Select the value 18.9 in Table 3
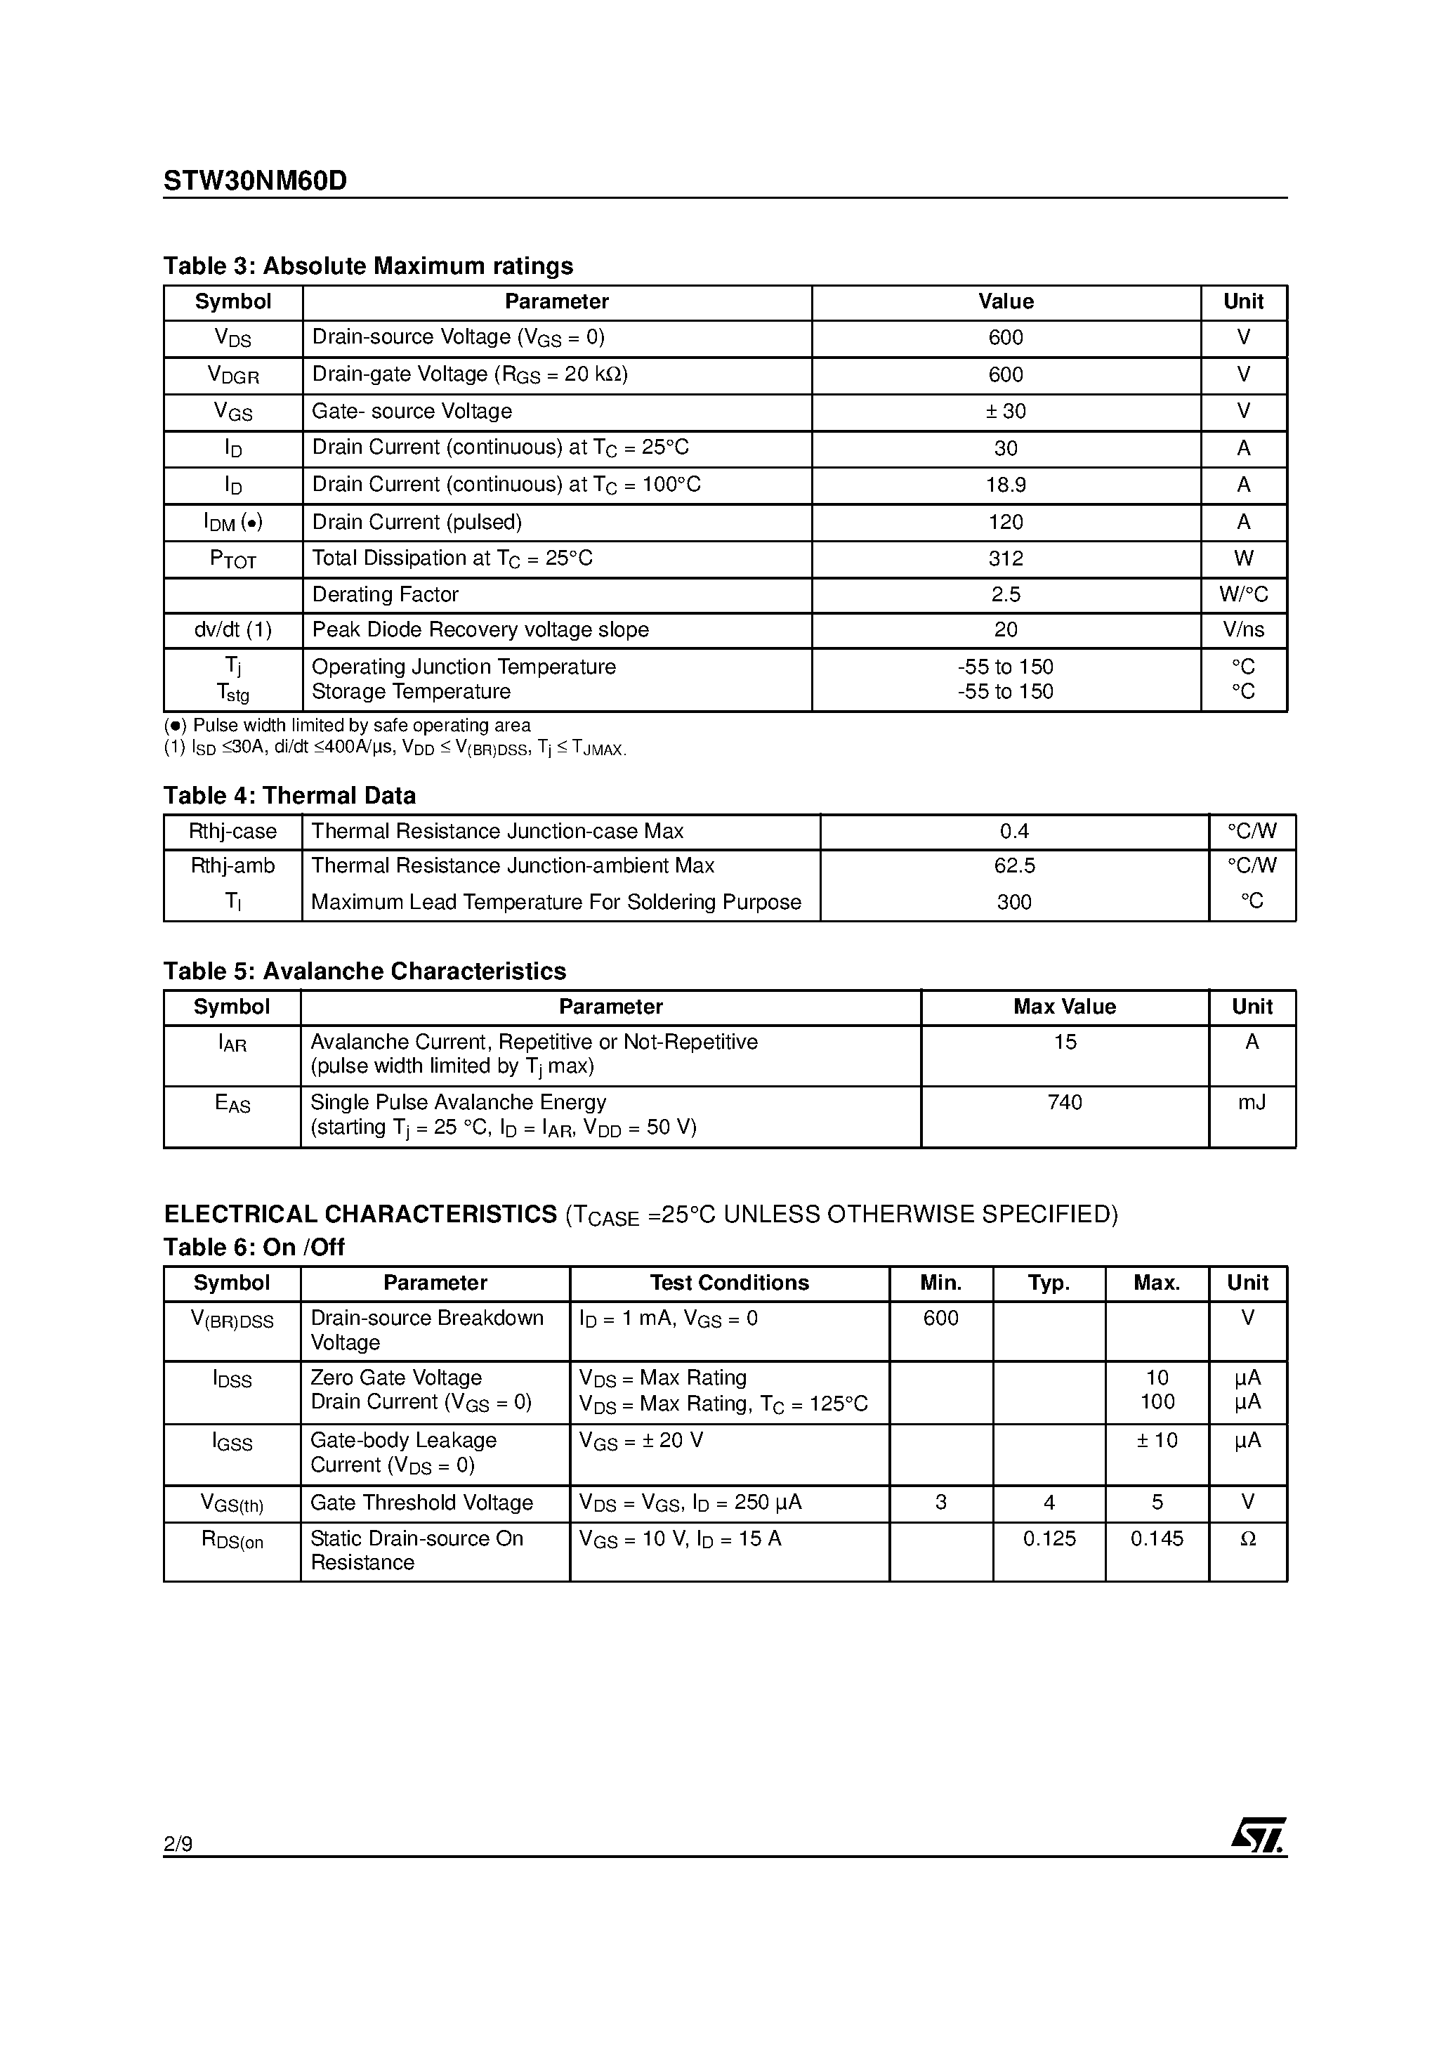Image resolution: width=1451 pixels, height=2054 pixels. click(1006, 485)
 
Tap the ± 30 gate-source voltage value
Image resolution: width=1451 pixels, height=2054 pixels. click(1006, 412)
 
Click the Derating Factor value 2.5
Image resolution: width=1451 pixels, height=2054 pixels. click(1006, 595)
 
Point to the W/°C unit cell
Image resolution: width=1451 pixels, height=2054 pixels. click(1243, 595)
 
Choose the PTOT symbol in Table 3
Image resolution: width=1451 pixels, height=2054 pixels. click(232, 559)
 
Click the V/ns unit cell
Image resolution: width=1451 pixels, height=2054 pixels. click(1243, 630)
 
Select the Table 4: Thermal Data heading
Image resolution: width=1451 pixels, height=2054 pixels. click(289, 795)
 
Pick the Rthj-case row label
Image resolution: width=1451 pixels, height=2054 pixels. click(232, 832)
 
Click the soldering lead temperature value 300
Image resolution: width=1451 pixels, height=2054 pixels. click(1013, 903)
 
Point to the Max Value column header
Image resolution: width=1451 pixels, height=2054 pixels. click(1063, 1007)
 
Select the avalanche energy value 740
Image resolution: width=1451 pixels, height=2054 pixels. click(1063, 1103)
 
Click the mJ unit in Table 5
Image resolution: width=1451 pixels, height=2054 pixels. click(1252, 1103)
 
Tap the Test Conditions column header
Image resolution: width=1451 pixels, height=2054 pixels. click(729, 1283)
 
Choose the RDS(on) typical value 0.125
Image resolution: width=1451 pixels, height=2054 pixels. click(1049, 1538)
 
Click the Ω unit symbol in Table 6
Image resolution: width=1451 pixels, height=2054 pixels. click(1248, 1538)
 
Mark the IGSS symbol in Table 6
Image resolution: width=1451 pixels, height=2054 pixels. click(232, 1442)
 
